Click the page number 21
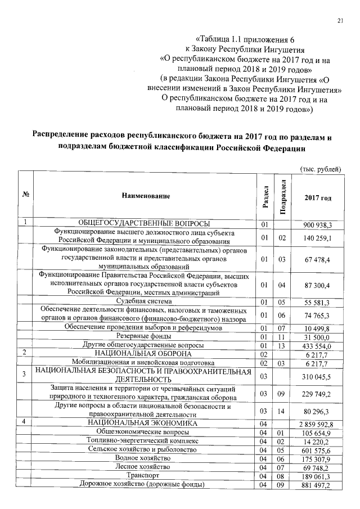click(x=340, y=21)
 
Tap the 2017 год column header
click(x=318, y=197)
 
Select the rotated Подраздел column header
click(x=284, y=196)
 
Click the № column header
click(x=25, y=195)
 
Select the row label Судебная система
click(x=144, y=302)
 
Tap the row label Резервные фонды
click(x=145, y=336)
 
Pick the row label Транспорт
click(x=144, y=475)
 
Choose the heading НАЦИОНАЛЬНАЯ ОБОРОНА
click(x=144, y=353)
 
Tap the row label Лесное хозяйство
click(x=145, y=466)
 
